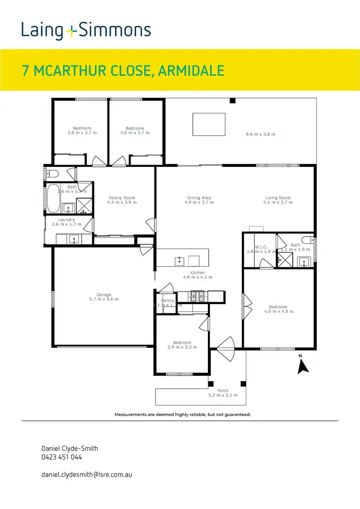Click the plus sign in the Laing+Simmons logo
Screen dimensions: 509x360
point(71,31)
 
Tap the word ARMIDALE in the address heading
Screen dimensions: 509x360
point(192,71)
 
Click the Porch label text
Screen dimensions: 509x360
point(223,391)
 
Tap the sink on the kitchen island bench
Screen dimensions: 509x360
point(180,261)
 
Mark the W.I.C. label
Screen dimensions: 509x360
point(261,247)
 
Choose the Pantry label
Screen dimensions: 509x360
point(168,301)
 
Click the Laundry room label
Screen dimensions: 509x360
point(67,220)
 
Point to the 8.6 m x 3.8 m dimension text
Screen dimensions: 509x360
point(261,134)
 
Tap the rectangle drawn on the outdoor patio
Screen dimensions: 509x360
point(209,124)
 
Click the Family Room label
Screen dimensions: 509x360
point(122,198)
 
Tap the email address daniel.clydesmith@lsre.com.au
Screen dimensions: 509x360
point(87,474)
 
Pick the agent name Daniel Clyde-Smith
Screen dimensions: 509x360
point(70,448)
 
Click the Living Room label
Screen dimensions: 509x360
point(278,198)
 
